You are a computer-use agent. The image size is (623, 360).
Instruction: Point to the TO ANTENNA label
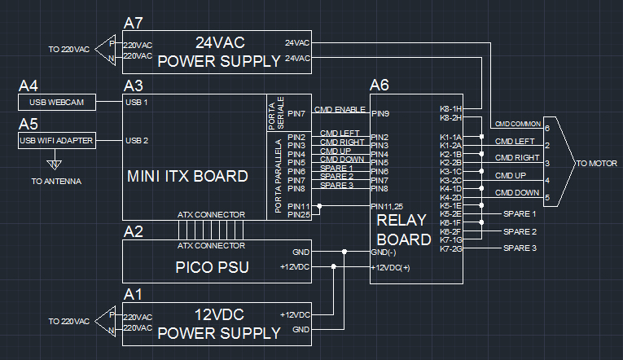56,181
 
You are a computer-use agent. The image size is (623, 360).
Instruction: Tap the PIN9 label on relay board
380,113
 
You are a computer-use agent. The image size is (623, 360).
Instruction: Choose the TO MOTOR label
596,164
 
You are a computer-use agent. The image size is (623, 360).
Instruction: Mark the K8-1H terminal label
450,108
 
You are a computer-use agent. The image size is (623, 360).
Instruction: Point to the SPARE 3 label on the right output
520,248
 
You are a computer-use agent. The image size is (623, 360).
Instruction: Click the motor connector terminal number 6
547,128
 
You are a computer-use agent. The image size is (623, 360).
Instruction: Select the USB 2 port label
137,141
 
